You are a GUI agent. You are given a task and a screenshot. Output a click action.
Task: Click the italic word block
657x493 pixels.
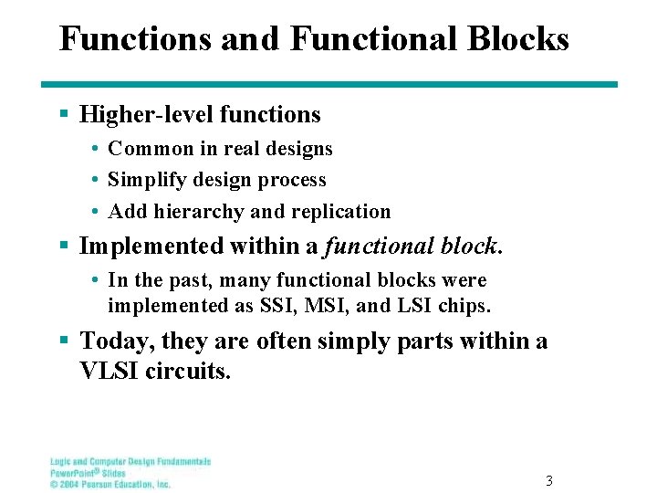pos(471,246)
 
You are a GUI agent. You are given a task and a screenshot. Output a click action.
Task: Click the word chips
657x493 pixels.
pos(465,306)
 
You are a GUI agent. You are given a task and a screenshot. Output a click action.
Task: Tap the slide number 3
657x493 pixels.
pos(548,480)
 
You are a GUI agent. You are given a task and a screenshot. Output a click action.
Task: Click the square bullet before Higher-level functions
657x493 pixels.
pos(63,115)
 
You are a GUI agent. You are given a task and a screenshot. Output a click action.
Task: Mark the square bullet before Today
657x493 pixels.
pos(63,341)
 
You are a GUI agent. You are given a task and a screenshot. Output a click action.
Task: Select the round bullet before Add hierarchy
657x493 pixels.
pos(94,212)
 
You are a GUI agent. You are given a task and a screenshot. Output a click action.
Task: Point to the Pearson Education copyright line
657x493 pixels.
pos(109,485)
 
